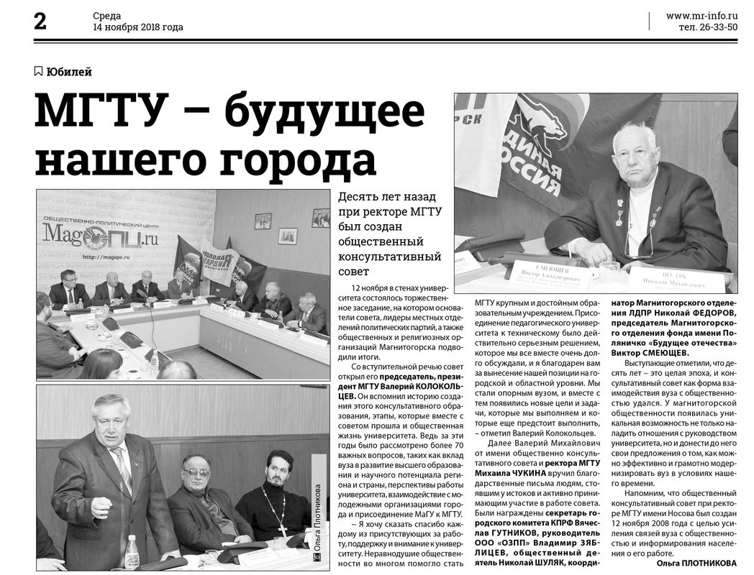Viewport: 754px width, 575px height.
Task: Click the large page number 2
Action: (x=40, y=21)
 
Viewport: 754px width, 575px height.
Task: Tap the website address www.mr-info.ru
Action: (x=701, y=15)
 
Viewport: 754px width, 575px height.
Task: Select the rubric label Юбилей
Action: (x=68, y=71)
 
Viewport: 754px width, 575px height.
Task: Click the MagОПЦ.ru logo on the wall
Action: (x=100, y=234)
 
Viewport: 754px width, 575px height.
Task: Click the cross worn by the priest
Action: (x=283, y=528)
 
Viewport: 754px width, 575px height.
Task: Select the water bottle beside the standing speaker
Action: (x=132, y=551)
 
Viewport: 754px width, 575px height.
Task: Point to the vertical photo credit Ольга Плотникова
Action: (x=317, y=517)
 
